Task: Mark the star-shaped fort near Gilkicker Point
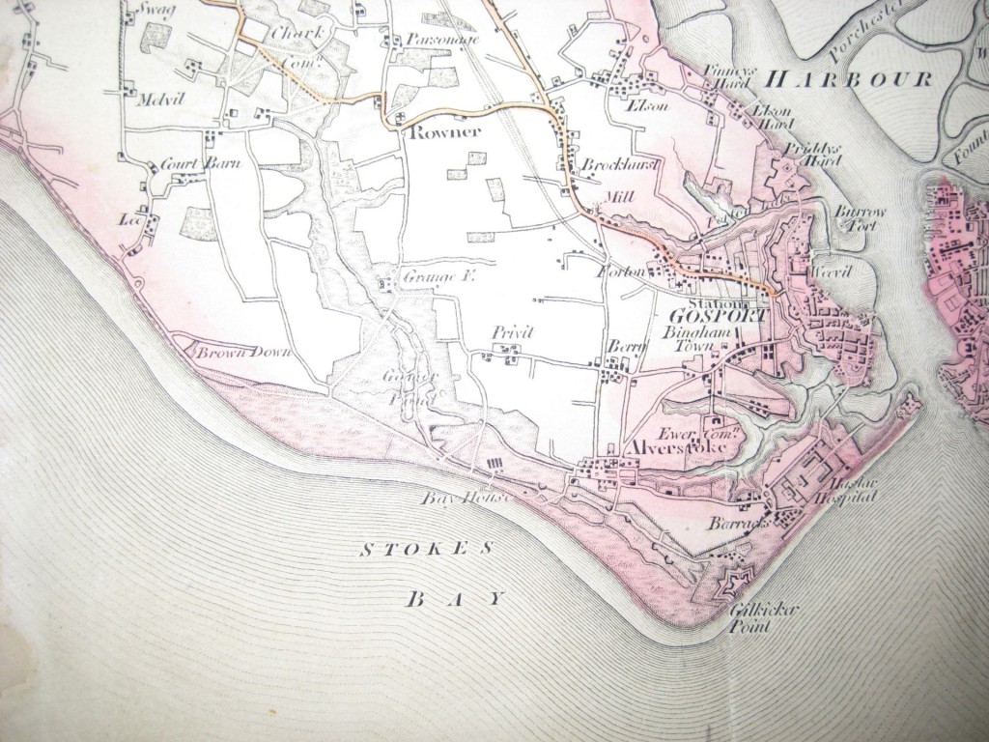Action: (x=724, y=585)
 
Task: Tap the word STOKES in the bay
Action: (x=426, y=549)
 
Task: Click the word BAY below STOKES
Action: (x=454, y=599)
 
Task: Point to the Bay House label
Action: (x=457, y=499)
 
